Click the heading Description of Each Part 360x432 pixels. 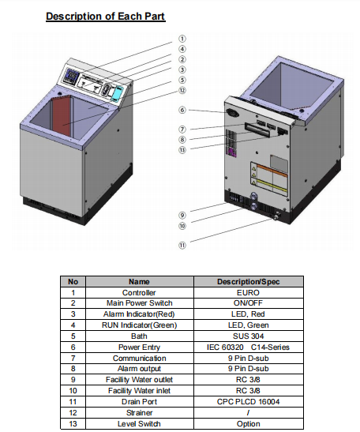coord(106,17)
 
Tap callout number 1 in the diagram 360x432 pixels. coord(182,39)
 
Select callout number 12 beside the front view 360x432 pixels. coord(182,90)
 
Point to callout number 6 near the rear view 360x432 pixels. coord(182,110)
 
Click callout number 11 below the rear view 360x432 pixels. coord(182,245)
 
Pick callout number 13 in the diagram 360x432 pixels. coord(182,150)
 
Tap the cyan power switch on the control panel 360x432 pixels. coord(118,92)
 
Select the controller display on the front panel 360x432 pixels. coord(71,76)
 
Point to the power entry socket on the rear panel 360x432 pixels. coord(231,112)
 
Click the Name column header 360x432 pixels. coord(139,282)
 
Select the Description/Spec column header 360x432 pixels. coord(248,282)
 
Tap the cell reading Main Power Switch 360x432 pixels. coord(140,303)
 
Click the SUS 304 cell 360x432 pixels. coord(248,336)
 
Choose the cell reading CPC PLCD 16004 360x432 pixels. coord(248,402)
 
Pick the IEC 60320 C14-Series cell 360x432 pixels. coord(248,347)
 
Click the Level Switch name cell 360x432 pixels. coord(139,424)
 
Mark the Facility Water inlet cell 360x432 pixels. coord(139,391)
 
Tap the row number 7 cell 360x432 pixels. coord(73,359)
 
